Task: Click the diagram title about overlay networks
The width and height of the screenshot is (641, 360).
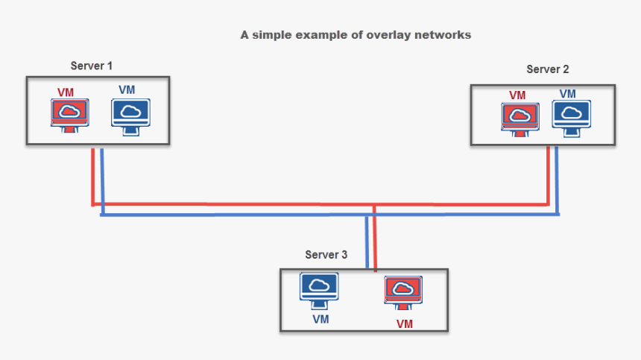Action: tap(356, 35)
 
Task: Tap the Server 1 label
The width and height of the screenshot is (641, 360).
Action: tap(92, 66)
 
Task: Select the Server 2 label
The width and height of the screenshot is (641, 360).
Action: tap(548, 69)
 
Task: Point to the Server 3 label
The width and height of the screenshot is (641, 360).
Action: tap(326, 255)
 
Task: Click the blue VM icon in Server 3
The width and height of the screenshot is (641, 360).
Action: tap(319, 290)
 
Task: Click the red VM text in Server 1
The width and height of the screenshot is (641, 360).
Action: tap(67, 92)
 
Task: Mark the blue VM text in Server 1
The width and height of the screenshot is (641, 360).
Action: tap(127, 90)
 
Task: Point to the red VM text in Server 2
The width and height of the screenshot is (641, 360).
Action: tap(517, 95)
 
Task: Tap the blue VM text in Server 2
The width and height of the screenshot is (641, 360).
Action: tap(568, 94)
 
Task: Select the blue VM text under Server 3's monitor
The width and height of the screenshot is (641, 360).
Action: tap(320, 319)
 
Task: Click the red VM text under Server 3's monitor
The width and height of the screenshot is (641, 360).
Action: tap(404, 324)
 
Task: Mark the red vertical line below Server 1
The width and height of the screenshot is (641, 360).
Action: tap(92, 175)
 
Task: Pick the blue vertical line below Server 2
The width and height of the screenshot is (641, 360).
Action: tap(558, 180)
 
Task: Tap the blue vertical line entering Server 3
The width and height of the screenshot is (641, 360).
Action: tap(367, 242)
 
